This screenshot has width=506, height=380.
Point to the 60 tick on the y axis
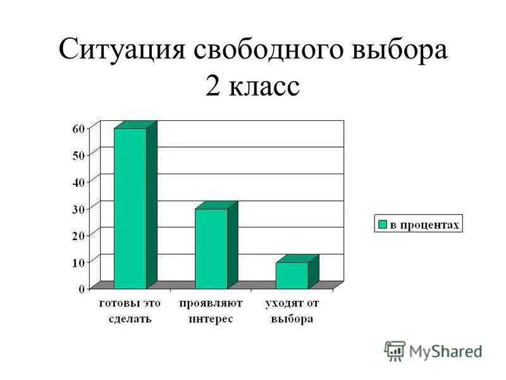click(x=78, y=128)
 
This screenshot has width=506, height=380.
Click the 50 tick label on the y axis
click(x=78, y=155)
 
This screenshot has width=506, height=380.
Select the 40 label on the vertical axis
click(x=78, y=182)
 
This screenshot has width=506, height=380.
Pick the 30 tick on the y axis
click(x=78, y=208)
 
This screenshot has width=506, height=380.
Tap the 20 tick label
click(x=78, y=236)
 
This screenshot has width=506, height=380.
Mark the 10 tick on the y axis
click(x=78, y=262)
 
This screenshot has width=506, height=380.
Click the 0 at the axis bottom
click(x=82, y=289)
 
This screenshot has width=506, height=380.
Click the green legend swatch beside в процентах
click(x=382, y=224)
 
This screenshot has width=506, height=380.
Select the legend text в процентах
click(x=424, y=224)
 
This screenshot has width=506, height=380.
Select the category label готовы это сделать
click(x=130, y=311)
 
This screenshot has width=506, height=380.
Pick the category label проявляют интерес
click(x=211, y=311)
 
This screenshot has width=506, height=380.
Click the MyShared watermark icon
click(x=395, y=351)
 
